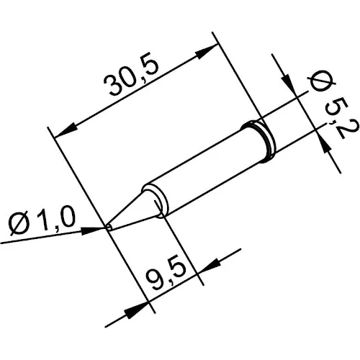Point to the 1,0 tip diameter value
pyautogui.click(x=57, y=220)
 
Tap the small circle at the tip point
pyautogui.click(x=109, y=228)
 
